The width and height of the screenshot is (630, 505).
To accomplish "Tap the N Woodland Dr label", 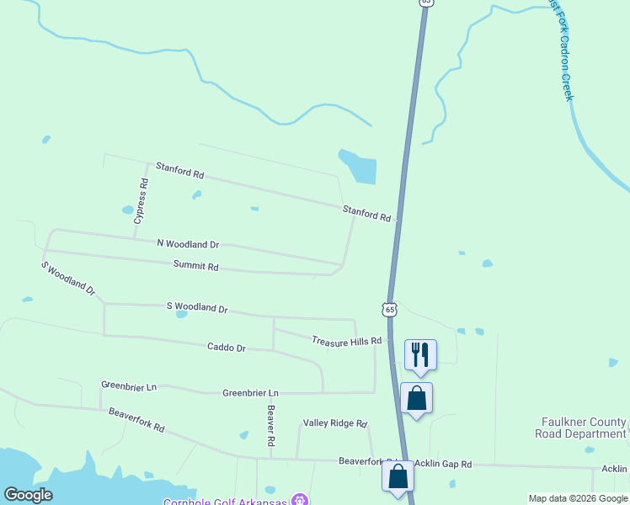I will (x=188, y=244).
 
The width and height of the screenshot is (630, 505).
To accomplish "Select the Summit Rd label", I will (x=196, y=267).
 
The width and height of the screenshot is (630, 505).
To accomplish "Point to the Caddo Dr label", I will (x=227, y=347).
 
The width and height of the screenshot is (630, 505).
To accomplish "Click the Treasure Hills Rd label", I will (x=347, y=341).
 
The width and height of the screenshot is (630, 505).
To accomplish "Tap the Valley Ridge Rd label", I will (x=335, y=423).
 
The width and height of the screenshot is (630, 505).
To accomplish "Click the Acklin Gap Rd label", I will (x=443, y=464).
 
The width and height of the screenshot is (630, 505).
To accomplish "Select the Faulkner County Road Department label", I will (x=580, y=428).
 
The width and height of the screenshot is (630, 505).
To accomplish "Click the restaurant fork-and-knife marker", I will (x=420, y=353).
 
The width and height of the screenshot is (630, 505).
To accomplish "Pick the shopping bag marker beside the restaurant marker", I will (x=417, y=397).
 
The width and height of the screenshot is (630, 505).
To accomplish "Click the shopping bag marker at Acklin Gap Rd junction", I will (x=398, y=476).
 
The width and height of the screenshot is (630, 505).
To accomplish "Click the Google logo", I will (x=28, y=495).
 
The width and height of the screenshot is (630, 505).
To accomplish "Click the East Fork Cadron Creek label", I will (x=562, y=50).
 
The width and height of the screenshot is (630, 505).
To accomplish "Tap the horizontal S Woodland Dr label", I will (x=197, y=308).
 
